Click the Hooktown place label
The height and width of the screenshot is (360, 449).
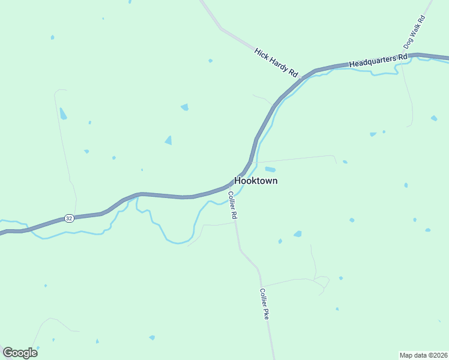point(256,181)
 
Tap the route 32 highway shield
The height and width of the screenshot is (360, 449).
point(70,218)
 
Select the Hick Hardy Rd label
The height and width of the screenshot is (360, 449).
point(276,62)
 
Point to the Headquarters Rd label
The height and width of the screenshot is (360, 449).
point(378,60)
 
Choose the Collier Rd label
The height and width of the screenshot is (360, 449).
point(232,205)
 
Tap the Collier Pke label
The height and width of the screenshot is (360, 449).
point(264,304)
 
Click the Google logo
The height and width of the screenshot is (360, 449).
point(20,353)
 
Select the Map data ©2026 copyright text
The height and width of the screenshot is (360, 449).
point(423,355)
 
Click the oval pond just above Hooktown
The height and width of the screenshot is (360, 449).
point(270,169)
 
